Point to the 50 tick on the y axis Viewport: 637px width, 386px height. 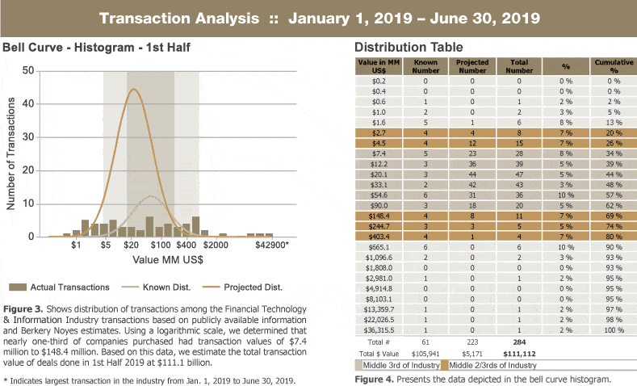(x=27, y=71)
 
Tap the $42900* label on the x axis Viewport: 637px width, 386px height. (x=272, y=244)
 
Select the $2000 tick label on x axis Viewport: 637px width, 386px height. (x=215, y=244)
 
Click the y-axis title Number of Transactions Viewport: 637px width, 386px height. (x=10, y=153)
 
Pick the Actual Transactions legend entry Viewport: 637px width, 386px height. (x=61, y=287)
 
